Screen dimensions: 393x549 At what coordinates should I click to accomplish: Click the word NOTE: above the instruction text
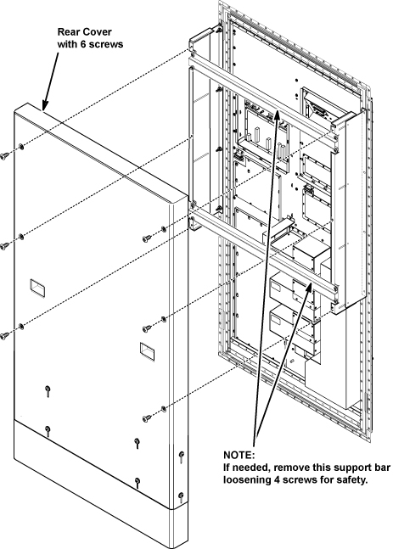coord(239,455)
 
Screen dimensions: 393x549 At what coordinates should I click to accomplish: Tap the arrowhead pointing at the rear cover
coord(45,104)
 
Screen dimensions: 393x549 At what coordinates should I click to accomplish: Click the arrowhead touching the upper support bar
coord(277,115)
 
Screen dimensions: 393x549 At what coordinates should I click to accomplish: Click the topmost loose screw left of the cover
coord(4,155)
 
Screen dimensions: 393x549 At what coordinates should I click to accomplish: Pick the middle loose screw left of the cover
coord(4,245)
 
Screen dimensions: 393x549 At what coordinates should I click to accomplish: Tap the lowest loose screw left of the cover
coord(4,335)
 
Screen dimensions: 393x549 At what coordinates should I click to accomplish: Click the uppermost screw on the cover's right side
coord(147,238)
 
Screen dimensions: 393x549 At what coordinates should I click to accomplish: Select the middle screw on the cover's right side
coord(147,328)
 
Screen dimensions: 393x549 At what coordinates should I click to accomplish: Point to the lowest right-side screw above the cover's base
coord(147,418)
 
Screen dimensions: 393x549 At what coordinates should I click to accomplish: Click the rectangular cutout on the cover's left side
coord(37,289)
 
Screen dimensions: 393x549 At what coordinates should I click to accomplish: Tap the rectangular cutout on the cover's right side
coord(147,350)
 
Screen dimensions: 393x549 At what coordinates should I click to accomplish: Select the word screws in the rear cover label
coord(106,45)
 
